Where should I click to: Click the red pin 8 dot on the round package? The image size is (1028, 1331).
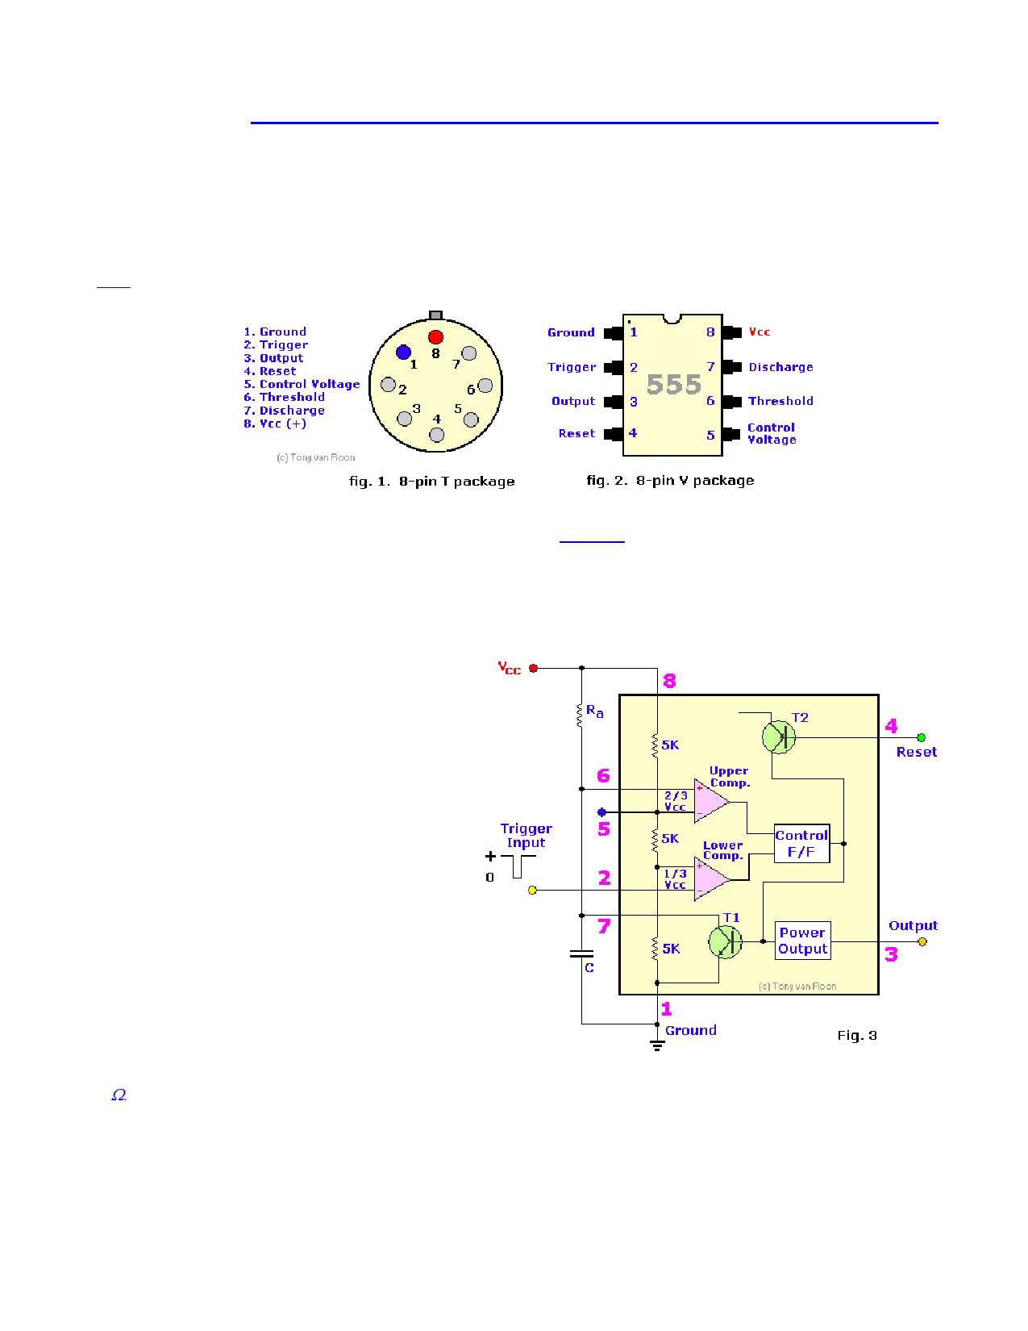pyautogui.click(x=435, y=337)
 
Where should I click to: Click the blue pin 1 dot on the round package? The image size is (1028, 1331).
pyautogui.click(x=404, y=352)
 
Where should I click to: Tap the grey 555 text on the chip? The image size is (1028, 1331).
pyautogui.click(x=674, y=385)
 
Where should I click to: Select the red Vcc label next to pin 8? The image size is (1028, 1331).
pyautogui.click(x=760, y=332)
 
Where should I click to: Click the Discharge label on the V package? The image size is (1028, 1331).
pyautogui.click(x=780, y=367)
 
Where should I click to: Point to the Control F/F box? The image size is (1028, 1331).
pyautogui.click(x=801, y=844)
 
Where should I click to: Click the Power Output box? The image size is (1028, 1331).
pyautogui.click(x=802, y=941)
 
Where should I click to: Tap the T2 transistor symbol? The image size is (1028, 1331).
pyautogui.click(x=779, y=736)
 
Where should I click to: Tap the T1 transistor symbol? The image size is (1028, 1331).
pyautogui.click(x=725, y=941)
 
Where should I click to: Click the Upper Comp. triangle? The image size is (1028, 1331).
pyautogui.click(x=710, y=800)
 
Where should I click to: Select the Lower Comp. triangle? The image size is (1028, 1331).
pyautogui.click(x=710, y=878)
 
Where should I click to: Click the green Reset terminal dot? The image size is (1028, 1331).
pyautogui.click(x=921, y=737)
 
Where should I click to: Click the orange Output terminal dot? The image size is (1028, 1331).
pyautogui.click(x=922, y=941)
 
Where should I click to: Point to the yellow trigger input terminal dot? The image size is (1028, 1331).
pyautogui.click(x=532, y=890)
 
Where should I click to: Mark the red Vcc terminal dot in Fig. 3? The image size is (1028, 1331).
pyautogui.click(x=533, y=668)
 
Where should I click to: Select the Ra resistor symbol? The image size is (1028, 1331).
pyautogui.click(x=581, y=715)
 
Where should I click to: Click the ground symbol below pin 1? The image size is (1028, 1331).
pyautogui.click(x=657, y=1045)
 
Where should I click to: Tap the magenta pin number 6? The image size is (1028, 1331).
pyautogui.click(x=603, y=776)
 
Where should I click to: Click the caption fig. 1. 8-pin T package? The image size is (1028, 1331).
pyautogui.click(x=431, y=482)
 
